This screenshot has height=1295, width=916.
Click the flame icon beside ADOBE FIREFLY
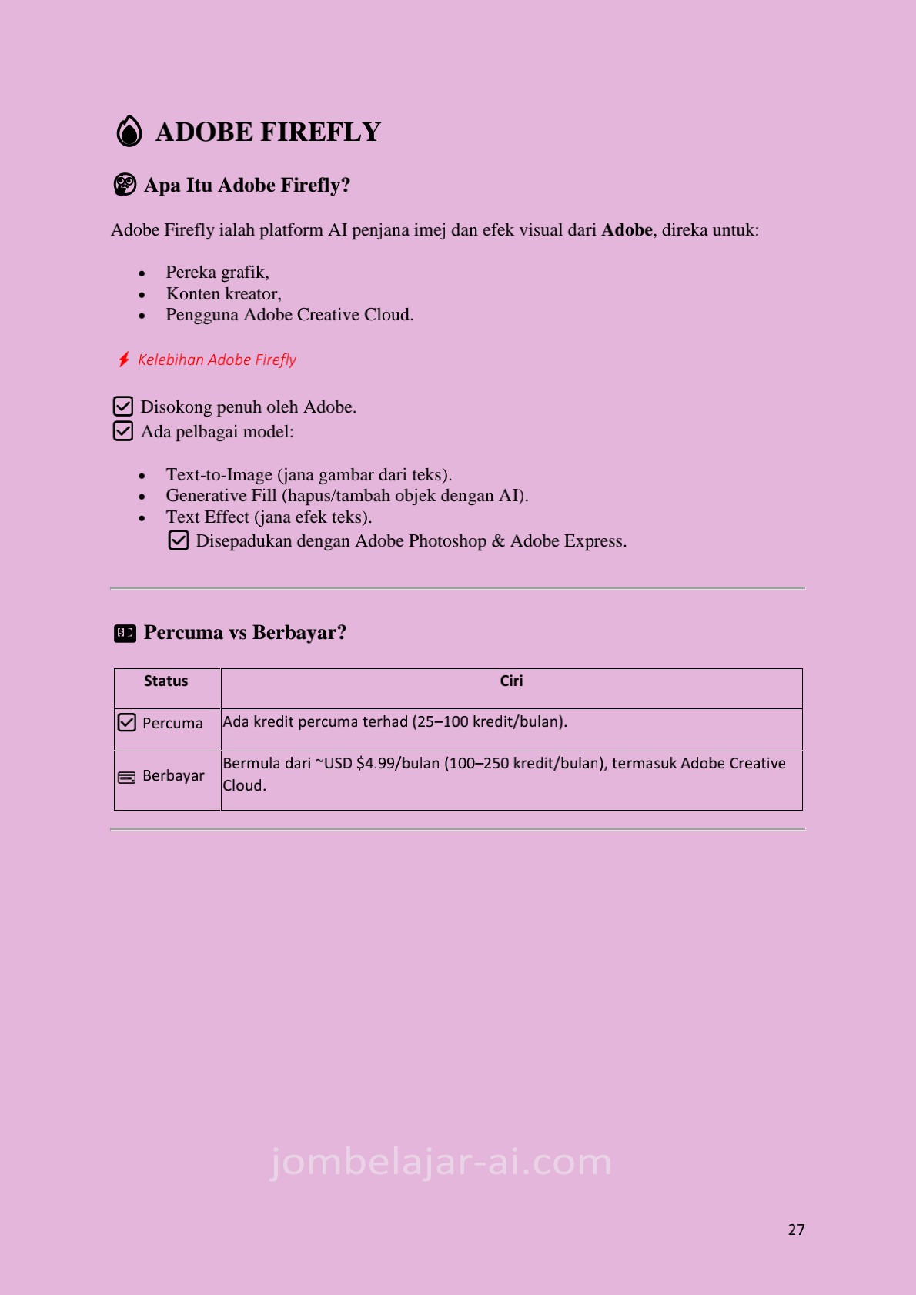point(129,131)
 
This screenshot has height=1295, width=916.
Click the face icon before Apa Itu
point(125,185)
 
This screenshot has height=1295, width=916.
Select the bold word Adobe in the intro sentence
point(627,230)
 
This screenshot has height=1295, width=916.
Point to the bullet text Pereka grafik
point(217,273)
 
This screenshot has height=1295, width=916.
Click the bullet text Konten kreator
point(223,294)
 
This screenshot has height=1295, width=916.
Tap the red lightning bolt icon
point(124,360)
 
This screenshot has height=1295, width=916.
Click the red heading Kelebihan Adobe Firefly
point(217,360)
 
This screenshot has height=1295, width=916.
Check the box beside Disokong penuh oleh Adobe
point(123,406)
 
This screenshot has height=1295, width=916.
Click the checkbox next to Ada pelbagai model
point(123,431)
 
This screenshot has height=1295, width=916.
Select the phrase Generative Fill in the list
point(221,496)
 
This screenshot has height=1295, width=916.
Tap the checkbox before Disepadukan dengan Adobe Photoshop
point(179,540)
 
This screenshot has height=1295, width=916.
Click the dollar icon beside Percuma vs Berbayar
point(125,633)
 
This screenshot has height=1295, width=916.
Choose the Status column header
point(166,681)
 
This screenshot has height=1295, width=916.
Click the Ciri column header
point(511,681)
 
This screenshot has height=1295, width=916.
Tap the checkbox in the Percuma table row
point(127,722)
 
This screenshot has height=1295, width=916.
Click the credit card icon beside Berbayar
point(127,778)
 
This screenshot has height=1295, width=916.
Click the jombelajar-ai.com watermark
point(441,1162)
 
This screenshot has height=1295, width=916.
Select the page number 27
point(796,1230)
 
